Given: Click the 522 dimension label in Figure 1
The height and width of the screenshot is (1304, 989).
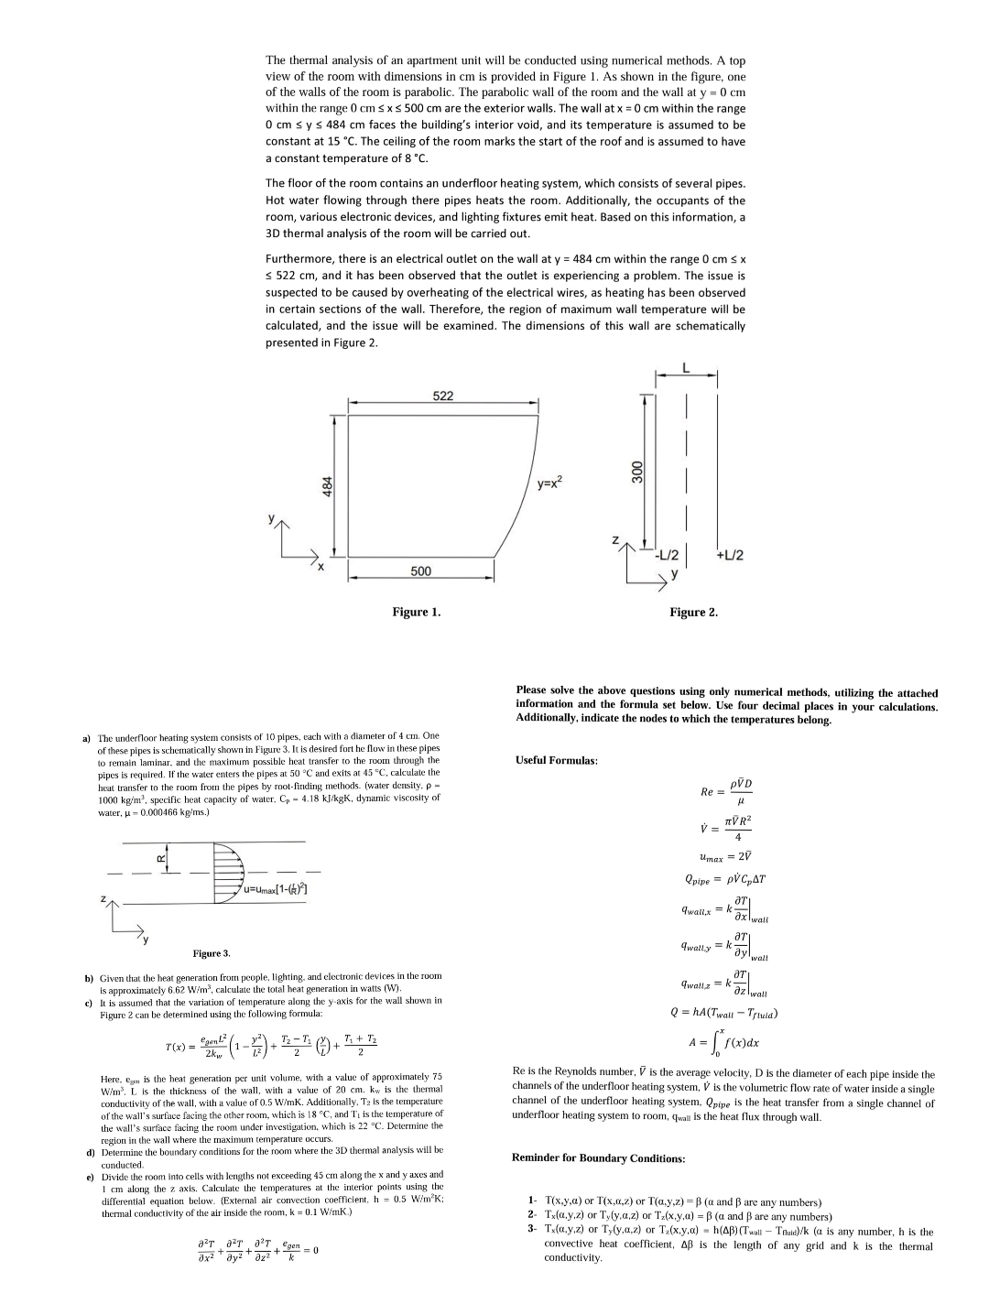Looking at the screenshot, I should pos(442,396).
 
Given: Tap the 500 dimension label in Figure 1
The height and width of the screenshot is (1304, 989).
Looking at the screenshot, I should pos(420,571).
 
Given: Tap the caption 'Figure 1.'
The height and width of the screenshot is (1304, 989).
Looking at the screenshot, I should pos(416,612).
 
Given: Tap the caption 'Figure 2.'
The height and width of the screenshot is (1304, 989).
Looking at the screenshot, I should pos(693,612).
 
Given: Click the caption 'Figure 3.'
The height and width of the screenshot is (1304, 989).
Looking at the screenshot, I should pos(211,953).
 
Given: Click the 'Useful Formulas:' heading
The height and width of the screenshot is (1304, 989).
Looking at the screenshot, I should pos(556,760).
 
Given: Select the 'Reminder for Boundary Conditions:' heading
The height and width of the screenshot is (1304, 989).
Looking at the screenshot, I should pos(598,1157).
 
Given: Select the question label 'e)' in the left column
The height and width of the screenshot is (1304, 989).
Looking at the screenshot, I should pos(89,1175).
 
